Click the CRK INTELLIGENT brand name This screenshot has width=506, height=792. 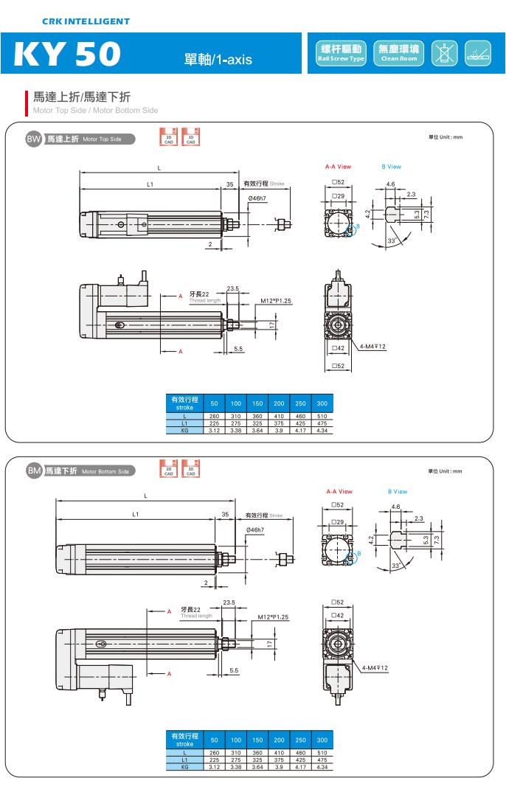point(86,21)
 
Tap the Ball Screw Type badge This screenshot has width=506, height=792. point(341,53)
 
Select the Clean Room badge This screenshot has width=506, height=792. point(399,53)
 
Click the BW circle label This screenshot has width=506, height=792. point(34,138)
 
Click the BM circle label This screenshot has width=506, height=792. point(34,470)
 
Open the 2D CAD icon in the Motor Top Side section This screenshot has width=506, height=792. point(169,137)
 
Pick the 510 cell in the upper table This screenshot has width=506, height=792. point(322,417)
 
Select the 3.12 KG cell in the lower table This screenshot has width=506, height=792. point(214,767)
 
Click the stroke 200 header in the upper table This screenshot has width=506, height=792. point(279,404)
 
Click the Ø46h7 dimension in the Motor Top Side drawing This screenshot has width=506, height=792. point(256,199)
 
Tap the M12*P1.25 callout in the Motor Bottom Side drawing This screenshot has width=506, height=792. point(273,616)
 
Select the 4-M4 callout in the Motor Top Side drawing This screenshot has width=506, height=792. point(373,346)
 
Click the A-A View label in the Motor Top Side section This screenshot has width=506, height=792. point(339,167)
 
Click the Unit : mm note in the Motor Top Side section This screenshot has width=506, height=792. point(445,138)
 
